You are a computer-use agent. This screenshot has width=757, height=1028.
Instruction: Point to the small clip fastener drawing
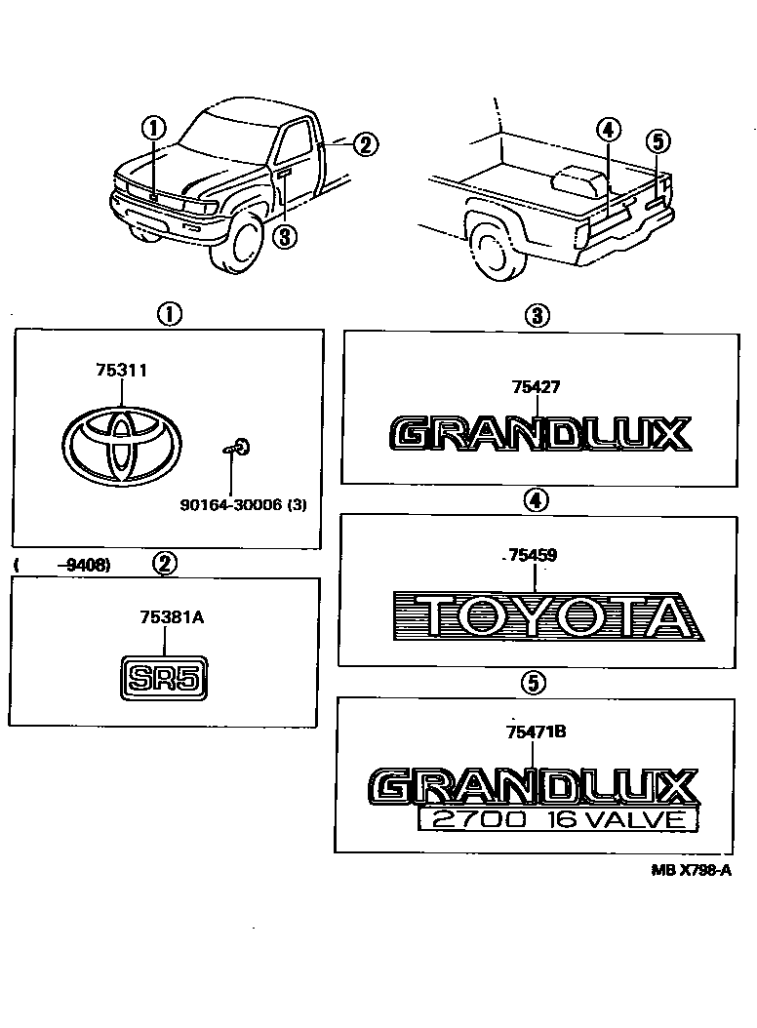(236, 448)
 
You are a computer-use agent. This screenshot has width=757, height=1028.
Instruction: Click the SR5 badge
(165, 677)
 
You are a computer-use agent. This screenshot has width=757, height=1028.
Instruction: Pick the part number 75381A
(165, 616)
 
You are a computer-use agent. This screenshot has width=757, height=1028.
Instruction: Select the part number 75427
(536, 386)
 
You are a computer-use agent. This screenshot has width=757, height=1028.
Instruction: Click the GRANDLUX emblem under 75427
(540, 433)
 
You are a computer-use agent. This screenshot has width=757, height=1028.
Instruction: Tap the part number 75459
(533, 556)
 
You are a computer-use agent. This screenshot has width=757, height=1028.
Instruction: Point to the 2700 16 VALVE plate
(558, 819)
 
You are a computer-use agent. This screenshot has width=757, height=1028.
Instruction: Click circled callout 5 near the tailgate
(658, 142)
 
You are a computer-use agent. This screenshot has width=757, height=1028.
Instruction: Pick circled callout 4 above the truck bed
(607, 129)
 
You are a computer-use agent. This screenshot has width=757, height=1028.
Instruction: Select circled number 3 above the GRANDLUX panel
(536, 315)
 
